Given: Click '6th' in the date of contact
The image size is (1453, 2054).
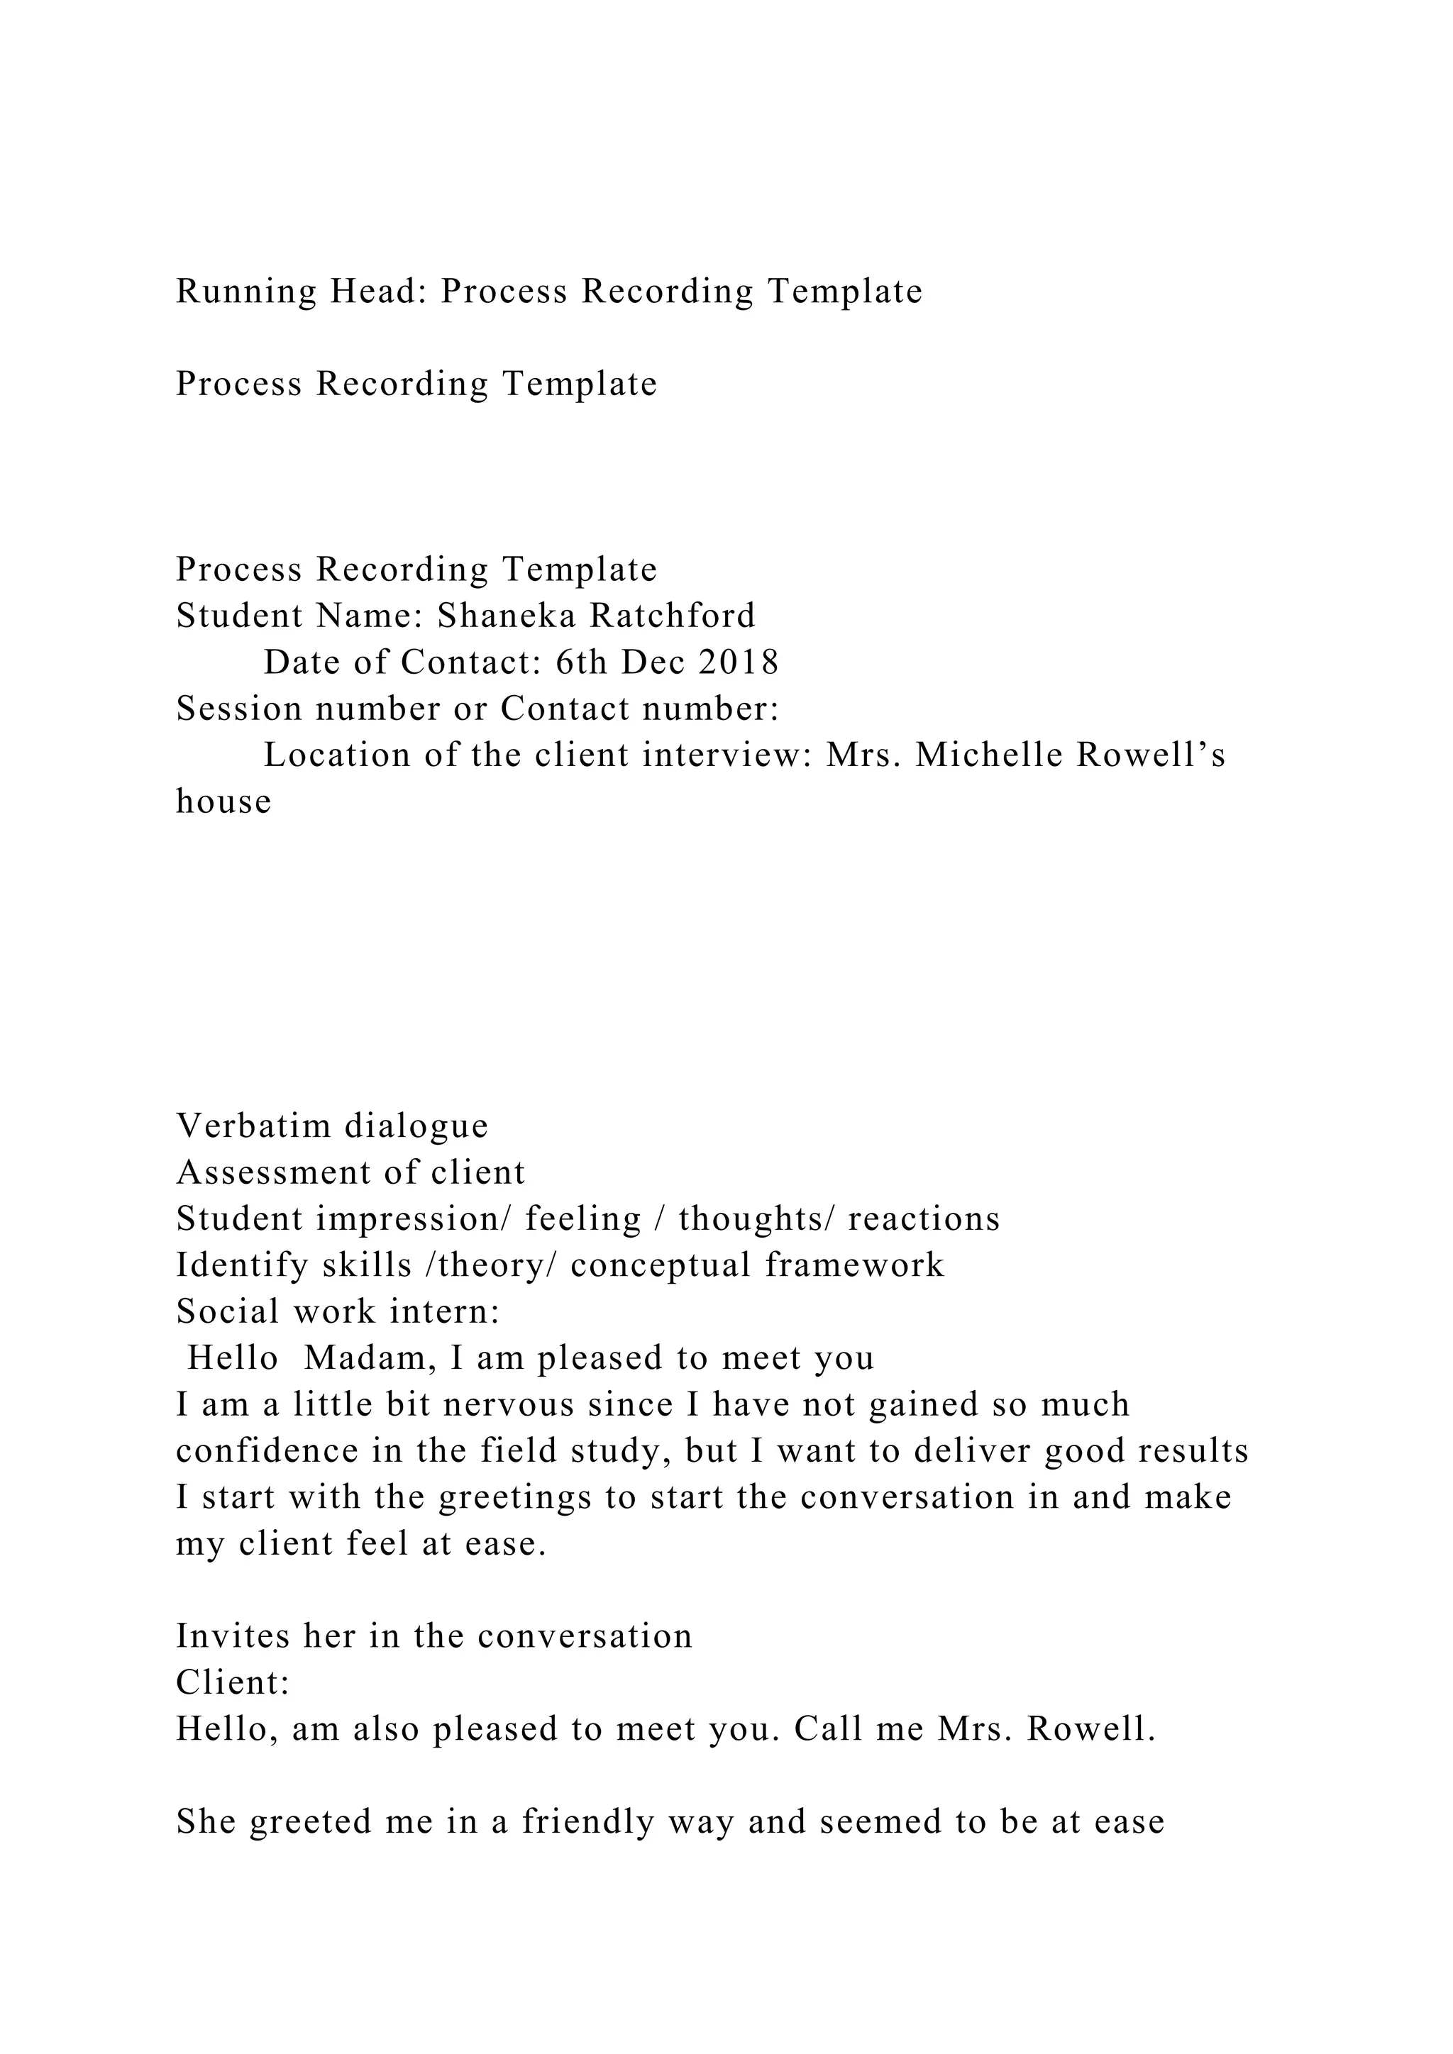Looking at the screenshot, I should [x=580, y=662].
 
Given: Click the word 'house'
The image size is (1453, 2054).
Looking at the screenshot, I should [x=223, y=801].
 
